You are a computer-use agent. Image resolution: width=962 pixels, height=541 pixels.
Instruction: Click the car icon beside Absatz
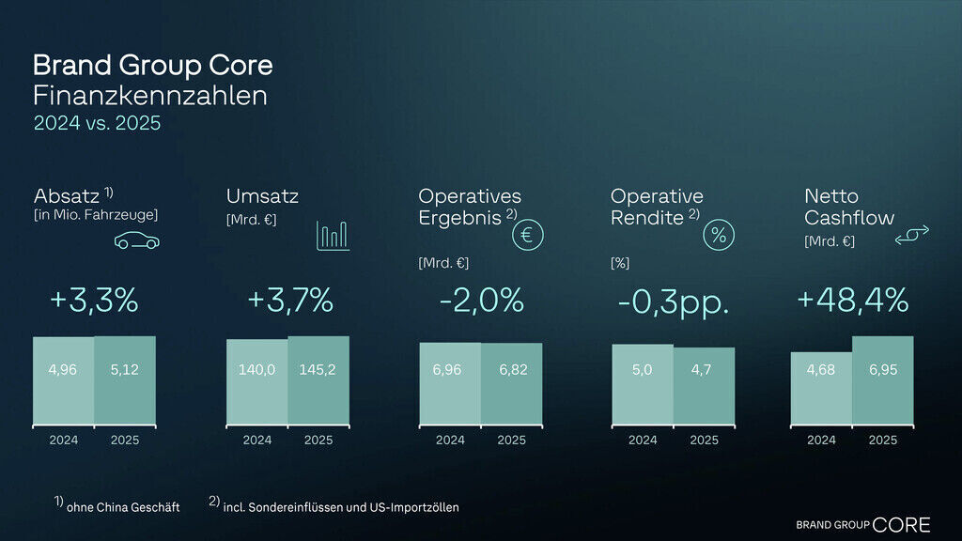pos(136,241)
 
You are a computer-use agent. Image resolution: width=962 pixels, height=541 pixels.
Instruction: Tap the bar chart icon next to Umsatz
pos(333,236)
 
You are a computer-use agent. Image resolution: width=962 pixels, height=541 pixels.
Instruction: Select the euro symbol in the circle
pos(526,236)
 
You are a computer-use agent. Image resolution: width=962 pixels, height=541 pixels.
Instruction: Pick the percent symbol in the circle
pos(719,236)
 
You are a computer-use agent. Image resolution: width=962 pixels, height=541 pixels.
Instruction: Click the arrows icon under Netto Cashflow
pos(911,239)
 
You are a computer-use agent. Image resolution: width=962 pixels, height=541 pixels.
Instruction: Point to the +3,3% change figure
pos(94,301)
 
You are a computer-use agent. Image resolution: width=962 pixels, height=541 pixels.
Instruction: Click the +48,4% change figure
pos(852,301)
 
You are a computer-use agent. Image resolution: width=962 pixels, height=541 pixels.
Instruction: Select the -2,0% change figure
pos(480,301)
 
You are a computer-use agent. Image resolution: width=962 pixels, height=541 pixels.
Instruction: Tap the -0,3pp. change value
pos(674,303)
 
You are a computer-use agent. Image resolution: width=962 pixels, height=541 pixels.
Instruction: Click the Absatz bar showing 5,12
pos(125,379)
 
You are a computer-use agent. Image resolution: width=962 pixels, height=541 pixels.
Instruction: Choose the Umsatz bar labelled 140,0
pos(256,381)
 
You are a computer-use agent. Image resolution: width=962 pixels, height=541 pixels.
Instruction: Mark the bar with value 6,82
pos(511,382)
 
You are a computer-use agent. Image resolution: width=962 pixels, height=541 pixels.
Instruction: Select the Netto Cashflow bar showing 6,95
pos(882,379)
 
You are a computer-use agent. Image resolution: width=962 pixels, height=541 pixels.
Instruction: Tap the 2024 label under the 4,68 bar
pos(821,440)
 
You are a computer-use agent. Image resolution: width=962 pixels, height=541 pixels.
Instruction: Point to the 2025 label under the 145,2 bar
pos(318,440)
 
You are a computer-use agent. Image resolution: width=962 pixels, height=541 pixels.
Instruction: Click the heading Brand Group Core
pos(153,66)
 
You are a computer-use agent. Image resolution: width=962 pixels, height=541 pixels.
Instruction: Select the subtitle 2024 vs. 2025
pos(98,123)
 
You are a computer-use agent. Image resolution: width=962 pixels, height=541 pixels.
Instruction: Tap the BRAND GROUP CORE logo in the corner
pos(862,524)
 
